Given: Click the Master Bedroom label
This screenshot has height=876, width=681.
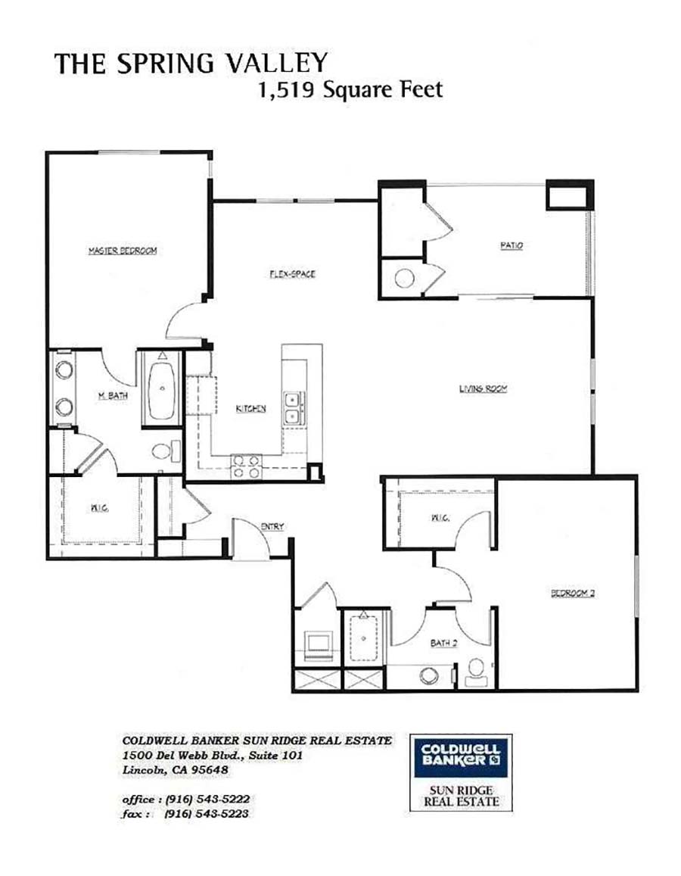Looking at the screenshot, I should [x=122, y=251].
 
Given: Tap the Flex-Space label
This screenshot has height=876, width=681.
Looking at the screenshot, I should [x=291, y=273].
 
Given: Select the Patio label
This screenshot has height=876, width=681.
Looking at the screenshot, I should [x=512, y=245].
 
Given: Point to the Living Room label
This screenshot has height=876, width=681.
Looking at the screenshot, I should [x=483, y=389].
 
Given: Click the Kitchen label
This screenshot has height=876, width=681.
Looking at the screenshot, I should [x=250, y=409].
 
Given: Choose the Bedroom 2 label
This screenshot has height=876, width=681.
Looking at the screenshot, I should [x=573, y=593].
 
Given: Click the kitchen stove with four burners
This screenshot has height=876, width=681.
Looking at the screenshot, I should [x=246, y=466].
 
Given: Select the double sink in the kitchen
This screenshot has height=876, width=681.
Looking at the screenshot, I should [x=293, y=407].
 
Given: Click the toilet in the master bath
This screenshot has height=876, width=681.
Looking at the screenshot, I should [x=163, y=452].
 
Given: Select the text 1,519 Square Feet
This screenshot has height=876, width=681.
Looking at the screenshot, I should [x=350, y=90].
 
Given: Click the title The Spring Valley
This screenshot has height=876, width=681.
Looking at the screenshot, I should [x=191, y=63].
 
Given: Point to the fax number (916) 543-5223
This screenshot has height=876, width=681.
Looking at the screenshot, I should [x=207, y=814].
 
